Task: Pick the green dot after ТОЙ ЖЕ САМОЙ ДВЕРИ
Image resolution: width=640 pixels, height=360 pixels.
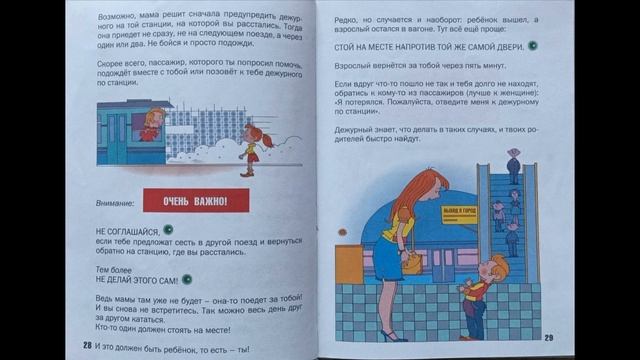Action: pyautogui.click(x=532, y=45)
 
